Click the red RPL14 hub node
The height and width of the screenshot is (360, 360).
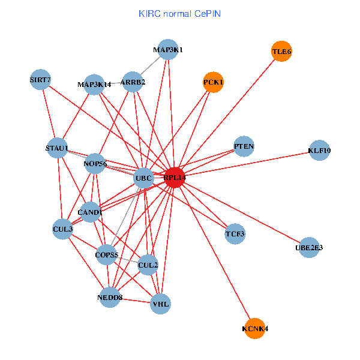pyautogui.click(x=174, y=178)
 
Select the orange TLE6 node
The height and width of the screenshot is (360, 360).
pyautogui.click(x=281, y=52)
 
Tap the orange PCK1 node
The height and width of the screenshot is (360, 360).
pyautogui.click(x=213, y=82)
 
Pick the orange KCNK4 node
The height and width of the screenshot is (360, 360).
pyautogui.click(x=255, y=328)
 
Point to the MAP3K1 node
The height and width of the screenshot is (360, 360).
pyautogui.click(x=167, y=50)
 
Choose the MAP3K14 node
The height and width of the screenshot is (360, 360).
pyautogui.click(x=94, y=85)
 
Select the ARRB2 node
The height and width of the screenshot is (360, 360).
pyautogui.click(x=133, y=82)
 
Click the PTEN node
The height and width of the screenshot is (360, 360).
pyautogui.click(x=244, y=146)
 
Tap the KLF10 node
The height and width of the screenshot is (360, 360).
pyautogui.click(x=319, y=151)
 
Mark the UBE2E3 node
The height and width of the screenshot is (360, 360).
pyautogui.click(x=308, y=247)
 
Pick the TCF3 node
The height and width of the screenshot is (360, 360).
pyautogui.click(x=235, y=233)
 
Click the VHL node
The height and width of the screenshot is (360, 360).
pyautogui.click(x=161, y=304)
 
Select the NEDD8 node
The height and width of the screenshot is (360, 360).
pyautogui.click(x=109, y=297)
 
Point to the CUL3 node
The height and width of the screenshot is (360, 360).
pyautogui.click(x=62, y=229)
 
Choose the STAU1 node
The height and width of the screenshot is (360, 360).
pyautogui.click(x=57, y=148)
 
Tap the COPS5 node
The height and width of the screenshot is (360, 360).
pyautogui.click(x=106, y=255)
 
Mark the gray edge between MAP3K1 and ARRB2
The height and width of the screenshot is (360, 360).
pyautogui.click(x=150, y=66)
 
